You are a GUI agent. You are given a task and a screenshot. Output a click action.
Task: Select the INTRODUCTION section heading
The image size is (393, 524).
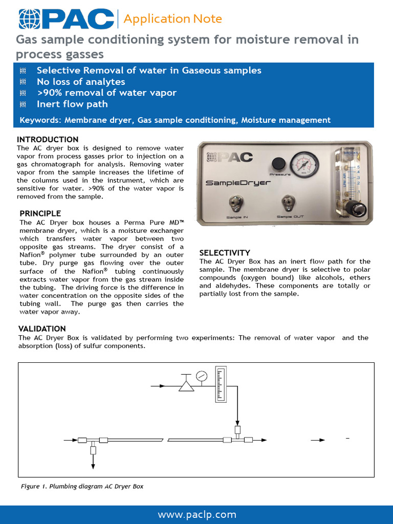(48, 140)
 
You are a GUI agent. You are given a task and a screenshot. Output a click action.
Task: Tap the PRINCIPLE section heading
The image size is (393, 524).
(40, 213)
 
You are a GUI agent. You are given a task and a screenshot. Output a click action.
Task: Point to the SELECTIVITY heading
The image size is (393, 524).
(225, 253)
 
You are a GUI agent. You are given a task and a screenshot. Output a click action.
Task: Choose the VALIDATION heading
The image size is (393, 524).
(42, 329)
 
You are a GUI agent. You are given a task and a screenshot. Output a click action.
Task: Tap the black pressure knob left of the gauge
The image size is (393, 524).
(278, 163)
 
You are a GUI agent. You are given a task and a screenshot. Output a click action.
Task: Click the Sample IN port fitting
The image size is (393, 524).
(236, 203)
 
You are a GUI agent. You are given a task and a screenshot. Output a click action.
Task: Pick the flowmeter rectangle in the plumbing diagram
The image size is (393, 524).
(221, 384)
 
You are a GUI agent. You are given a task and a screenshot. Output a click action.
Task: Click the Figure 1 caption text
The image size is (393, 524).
(82, 486)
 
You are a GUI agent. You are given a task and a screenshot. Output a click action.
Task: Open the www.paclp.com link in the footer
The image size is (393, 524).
(197, 514)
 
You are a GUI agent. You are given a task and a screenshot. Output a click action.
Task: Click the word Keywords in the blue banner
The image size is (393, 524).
(37, 120)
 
